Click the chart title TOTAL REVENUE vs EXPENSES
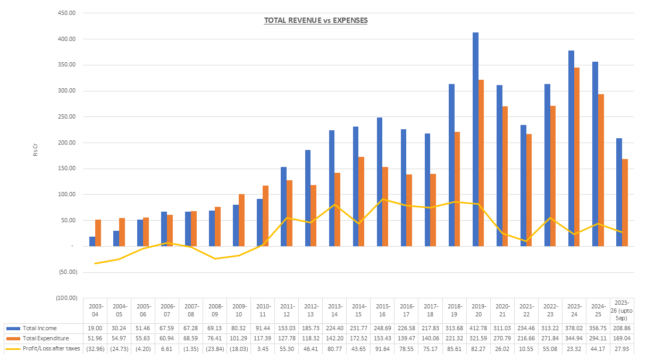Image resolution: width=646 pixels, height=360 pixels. [316, 21]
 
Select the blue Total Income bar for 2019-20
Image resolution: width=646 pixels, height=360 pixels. [475, 138]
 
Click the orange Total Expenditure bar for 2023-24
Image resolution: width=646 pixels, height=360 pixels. [577, 157]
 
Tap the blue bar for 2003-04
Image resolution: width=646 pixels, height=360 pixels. [92, 241]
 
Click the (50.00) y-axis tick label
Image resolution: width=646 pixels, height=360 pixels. [67, 272]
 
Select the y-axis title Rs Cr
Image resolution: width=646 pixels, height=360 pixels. [36, 151]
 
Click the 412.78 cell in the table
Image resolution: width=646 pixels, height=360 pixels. [479, 328]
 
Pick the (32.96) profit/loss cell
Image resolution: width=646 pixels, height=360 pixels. [95, 348]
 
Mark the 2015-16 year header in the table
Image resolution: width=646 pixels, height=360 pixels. [383, 310]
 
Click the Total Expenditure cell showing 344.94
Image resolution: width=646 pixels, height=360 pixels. [574, 338]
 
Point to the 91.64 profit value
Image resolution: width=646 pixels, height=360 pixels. [383, 348]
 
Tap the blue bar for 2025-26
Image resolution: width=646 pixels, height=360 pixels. [619, 192]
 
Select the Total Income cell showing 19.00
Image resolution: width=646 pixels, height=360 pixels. [95, 328]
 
